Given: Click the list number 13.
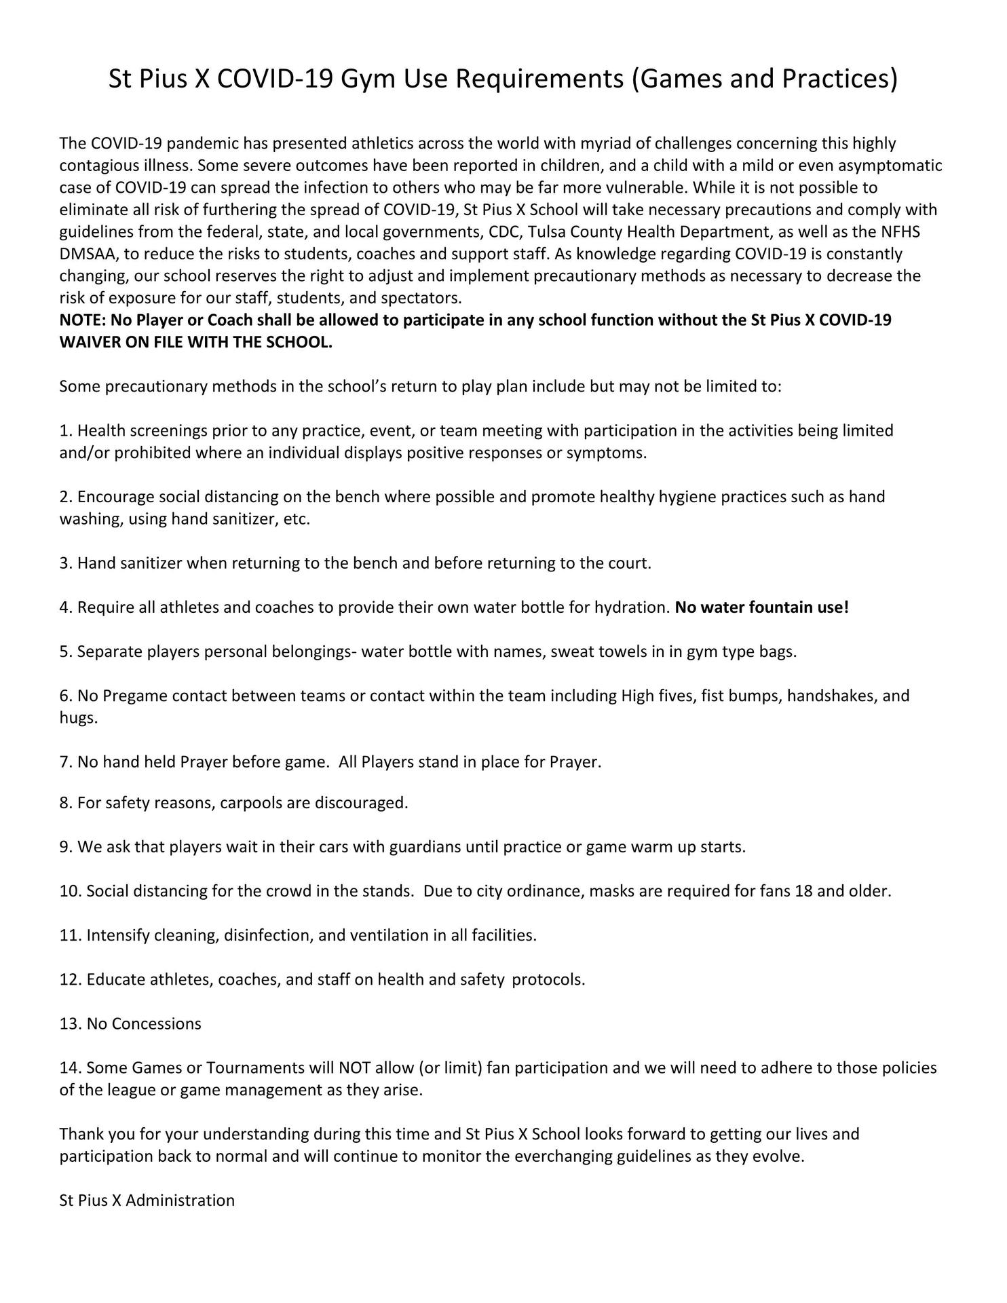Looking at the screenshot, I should click(71, 1023).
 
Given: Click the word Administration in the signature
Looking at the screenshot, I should click(180, 1200).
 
